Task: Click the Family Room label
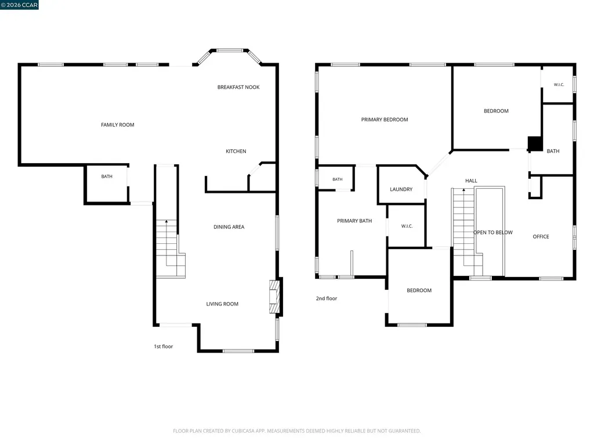pyautogui.click(x=117, y=125)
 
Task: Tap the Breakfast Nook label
pyautogui.click(x=238, y=87)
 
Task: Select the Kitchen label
pyautogui.click(x=236, y=152)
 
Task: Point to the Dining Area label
pyautogui.click(x=229, y=227)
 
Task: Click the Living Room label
pyautogui.click(x=222, y=304)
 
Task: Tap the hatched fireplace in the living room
pyautogui.click(x=274, y=297)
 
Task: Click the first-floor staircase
pyautogui.click(x=170, y=249)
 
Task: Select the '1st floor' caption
pyautogui.click(x=163, y=346)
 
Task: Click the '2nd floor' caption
pyautogui.click(x=326, y=298)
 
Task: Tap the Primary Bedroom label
pyautogui.click(x=385, y=120)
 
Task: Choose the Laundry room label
pyautogui.click(x=401, y=189)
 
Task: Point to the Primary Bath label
pyautogui.click(x=354, y=221)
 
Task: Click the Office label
pyautogui.click(x=541, y=237)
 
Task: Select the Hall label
pyautogui.click(x=471, y=181)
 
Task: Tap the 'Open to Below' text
pyautogui.click(x=493, y=232)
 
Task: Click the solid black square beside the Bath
pyautogui.click(x=535, y=144)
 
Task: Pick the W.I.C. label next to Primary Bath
pyautogui.click(x=407, y=226)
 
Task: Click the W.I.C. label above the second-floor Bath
pyautogui.click(x=559, y=85)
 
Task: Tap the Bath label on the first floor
pyautogui.click(x=107, y=177)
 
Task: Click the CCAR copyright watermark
pyautogui.click(x=19, y=5)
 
